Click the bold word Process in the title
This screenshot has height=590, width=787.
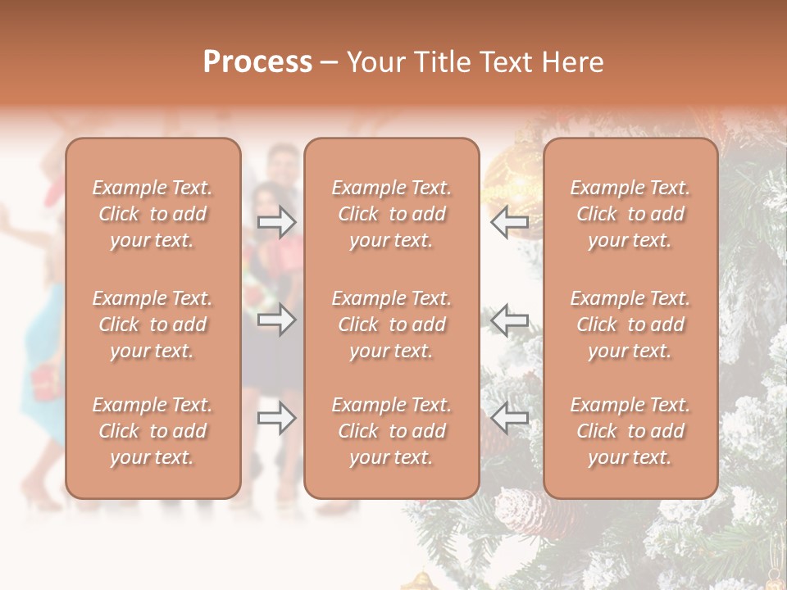coord(257,61)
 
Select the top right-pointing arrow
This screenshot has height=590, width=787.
coord(276,221)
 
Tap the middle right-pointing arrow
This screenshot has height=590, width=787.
coord(276,320)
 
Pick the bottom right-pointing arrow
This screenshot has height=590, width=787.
coord(276,419)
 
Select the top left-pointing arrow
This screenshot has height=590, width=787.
coord(510,221)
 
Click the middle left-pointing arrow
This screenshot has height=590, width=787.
coord(510,320)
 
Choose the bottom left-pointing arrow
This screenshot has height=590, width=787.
coord(510,419)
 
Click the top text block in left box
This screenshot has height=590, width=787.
coord(152,214)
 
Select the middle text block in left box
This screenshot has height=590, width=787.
coord(152,324)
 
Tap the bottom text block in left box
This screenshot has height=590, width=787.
coord(152,431)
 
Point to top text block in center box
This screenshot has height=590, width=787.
coord(391,214)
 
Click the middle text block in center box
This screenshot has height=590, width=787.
coord(391,324)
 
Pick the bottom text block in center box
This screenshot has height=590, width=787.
coord(391,431)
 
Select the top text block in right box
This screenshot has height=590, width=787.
coord(630,214)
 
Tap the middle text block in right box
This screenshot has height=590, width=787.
coord(630,324)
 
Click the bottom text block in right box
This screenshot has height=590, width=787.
coord(630,431)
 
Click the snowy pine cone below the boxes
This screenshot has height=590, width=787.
coord(520,511)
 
